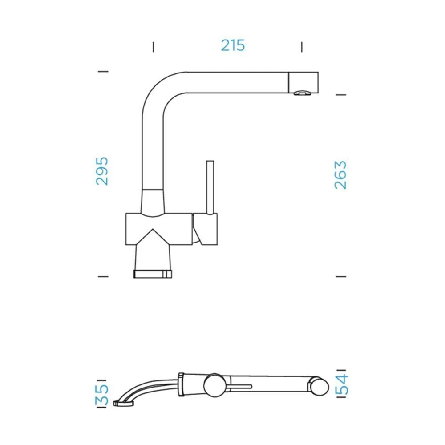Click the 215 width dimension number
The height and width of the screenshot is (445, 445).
233,45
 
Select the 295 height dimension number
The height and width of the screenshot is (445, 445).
102,171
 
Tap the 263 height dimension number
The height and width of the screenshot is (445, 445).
340,175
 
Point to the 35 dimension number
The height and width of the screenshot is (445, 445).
101,395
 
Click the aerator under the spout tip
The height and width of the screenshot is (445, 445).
302,93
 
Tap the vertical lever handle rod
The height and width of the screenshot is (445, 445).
210,188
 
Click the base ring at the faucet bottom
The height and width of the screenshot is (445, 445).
153,274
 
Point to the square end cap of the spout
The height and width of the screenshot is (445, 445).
303,82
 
